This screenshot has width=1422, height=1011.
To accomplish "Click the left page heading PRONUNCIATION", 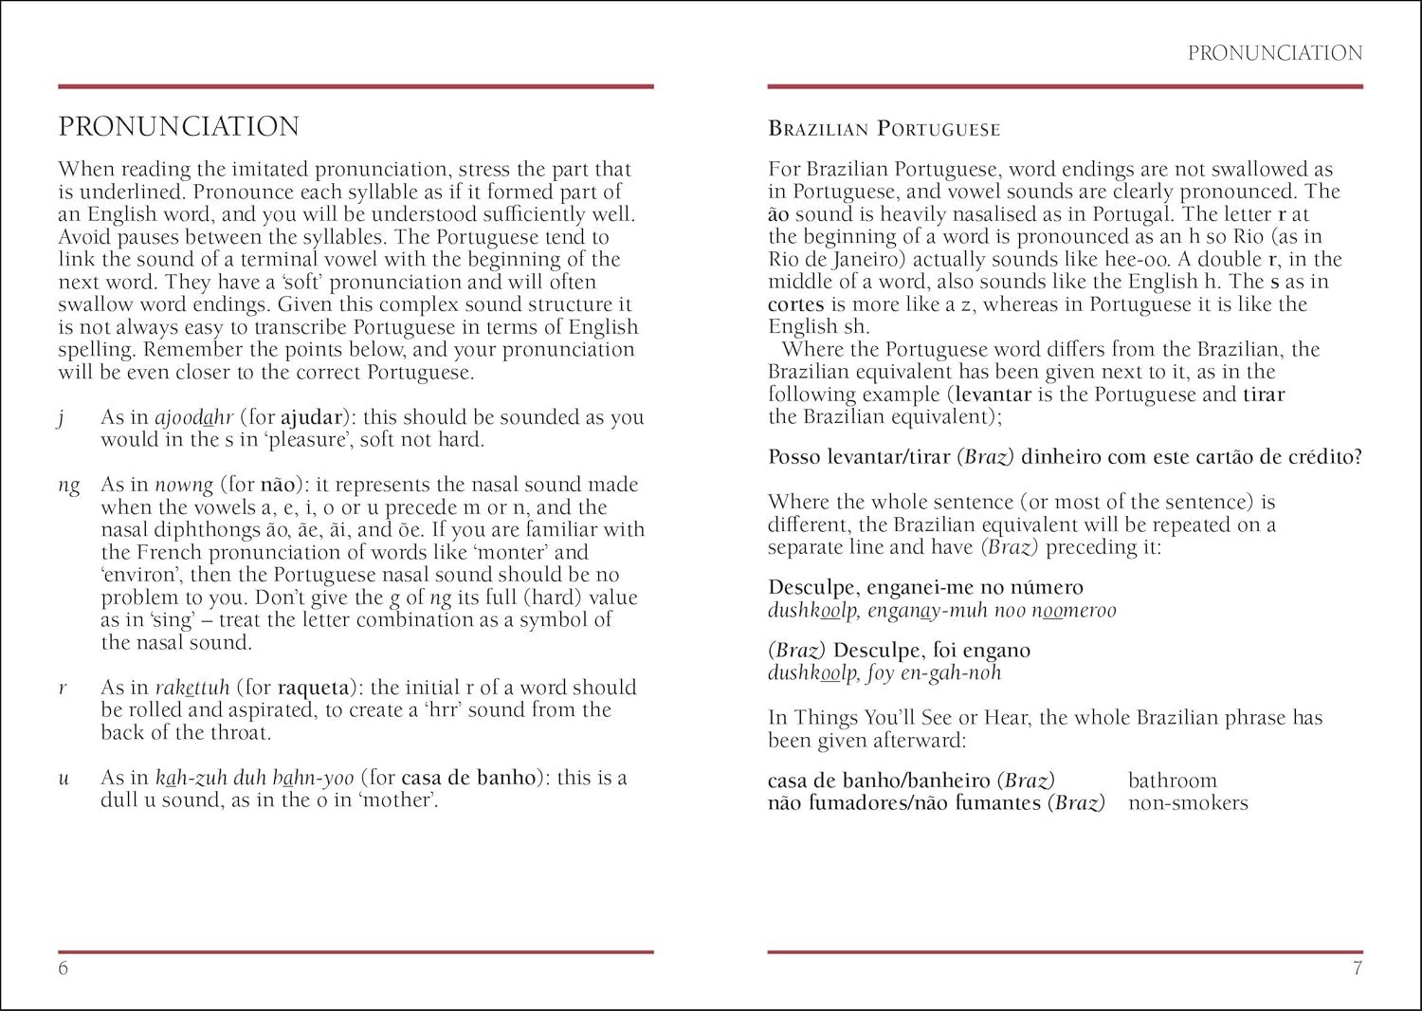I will pos(178,127).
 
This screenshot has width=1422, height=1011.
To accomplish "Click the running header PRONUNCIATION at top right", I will pos(1274,53).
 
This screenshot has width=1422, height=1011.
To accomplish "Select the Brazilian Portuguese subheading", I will pos(884,129).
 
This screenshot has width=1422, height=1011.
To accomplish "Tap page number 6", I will pos(64,968).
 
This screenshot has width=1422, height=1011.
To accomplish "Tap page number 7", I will pos(1357,968).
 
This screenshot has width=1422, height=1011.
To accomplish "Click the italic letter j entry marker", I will pos(62,418).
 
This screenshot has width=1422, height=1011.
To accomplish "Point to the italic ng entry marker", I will pos(68,486).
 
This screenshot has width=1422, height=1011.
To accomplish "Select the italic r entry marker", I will pos(63,688).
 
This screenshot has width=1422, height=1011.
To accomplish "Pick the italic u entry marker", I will pos(64,779).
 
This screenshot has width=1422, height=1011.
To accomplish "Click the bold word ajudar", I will pos(313,417).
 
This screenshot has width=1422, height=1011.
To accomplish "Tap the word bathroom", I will pos(1172,781).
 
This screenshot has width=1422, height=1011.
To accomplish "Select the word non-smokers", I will pos(1187,803).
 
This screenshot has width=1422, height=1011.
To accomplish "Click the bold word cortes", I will pos(796,304).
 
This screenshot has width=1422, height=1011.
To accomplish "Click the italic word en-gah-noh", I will pos(948,673).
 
